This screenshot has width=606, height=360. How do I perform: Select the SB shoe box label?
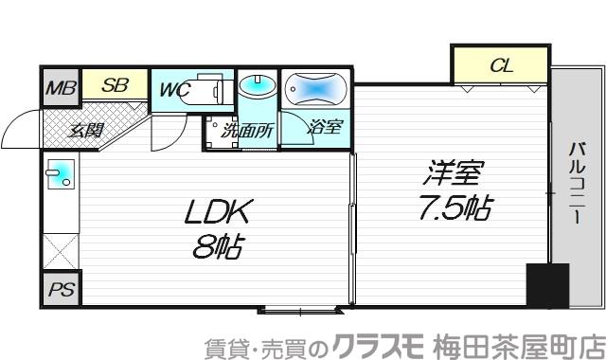pos(115,85)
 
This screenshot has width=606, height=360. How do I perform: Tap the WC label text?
pos(175,90)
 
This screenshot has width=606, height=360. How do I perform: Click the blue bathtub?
pos(315,87)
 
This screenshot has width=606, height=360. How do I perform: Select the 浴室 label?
pos(325,126)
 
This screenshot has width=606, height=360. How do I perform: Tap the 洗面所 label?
pos(247,131)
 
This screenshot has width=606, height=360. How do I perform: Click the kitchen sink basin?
pos(61,173)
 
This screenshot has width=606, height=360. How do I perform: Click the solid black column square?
pos(547,283)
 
